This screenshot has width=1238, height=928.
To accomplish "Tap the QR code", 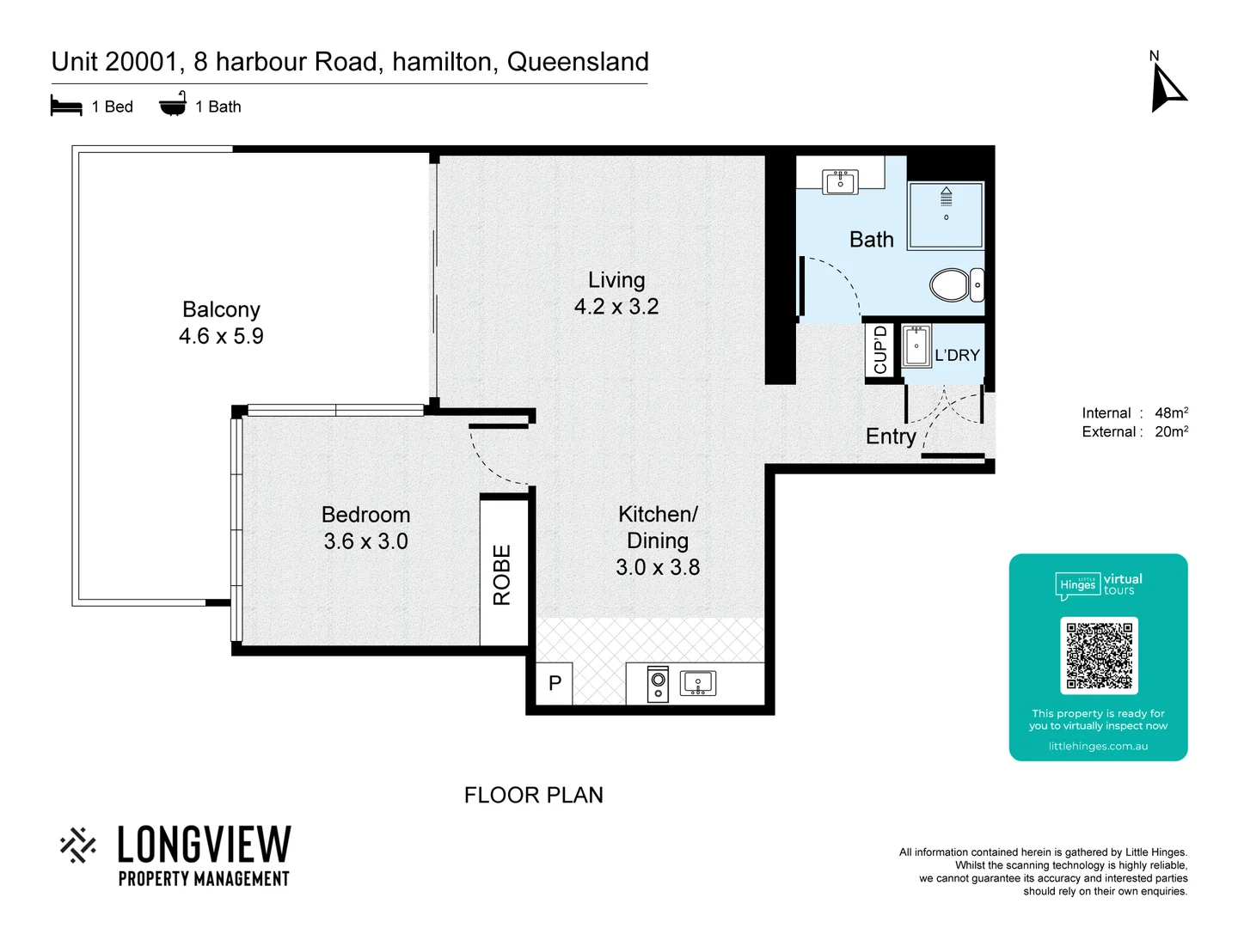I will [1099, 656].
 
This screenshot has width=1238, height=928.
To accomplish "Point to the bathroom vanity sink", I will [840, 182].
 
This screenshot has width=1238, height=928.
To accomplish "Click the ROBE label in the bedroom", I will [502, 574].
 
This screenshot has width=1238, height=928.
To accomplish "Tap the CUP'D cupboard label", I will [880, 350].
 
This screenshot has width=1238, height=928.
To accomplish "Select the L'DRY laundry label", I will [957, 356].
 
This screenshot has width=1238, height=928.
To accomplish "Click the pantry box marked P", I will [555, 684].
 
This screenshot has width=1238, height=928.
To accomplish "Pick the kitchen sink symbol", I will [698, 684].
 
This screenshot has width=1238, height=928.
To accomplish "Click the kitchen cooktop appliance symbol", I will [658, 684].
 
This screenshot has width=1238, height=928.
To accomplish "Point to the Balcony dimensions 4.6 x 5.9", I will [221, 336].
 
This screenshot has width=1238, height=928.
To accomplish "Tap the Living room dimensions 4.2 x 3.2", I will [616, 307].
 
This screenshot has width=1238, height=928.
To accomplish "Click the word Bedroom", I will [365, 515].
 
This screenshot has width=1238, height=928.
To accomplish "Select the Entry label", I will [891, 437].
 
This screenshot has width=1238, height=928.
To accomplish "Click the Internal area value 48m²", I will [1171, 413].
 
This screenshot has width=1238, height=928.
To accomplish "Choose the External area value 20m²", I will [1171, 432].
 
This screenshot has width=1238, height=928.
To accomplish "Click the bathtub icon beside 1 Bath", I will [173, 105].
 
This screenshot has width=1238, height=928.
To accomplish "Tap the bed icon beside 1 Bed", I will [66, 107].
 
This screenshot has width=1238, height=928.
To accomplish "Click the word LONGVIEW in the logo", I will [204, 845].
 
